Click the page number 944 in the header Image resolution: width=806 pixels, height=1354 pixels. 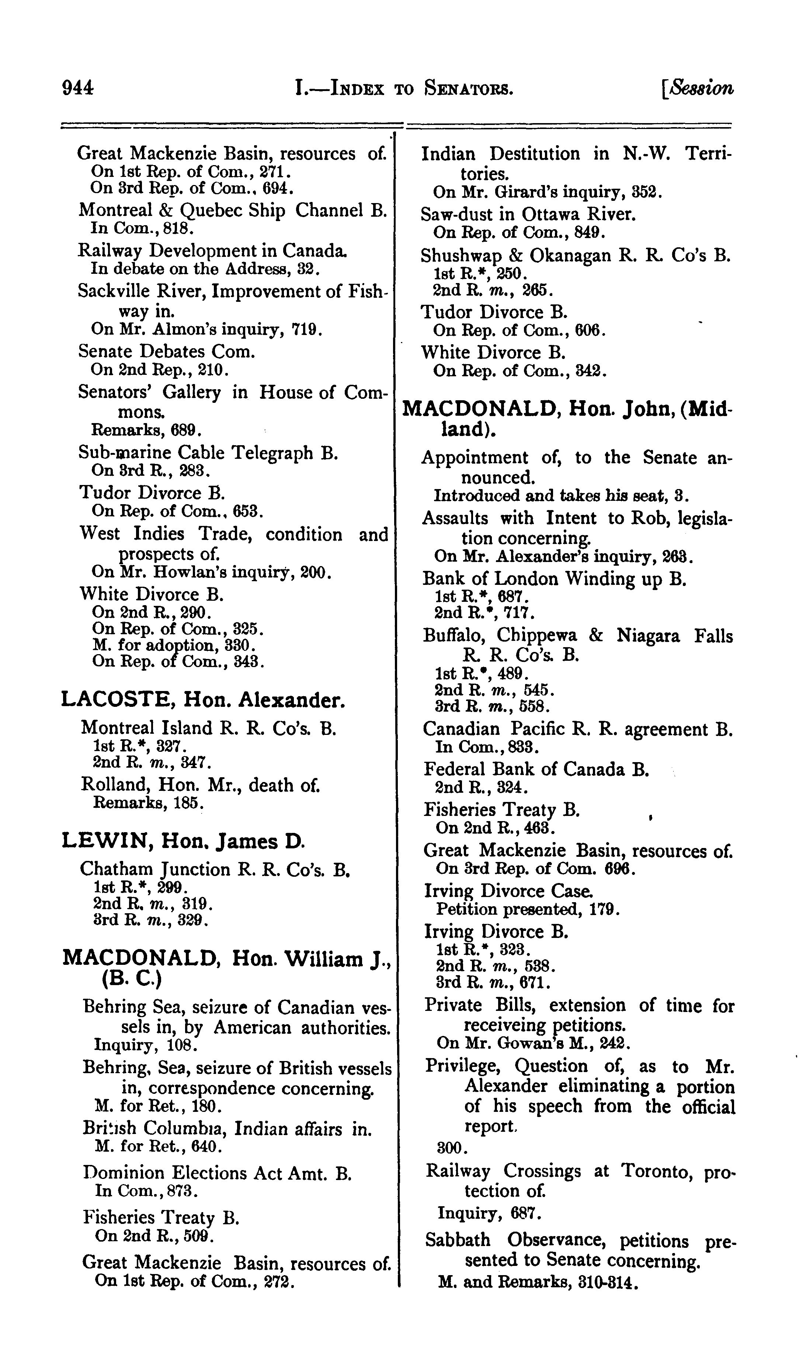pyautogui.click(x=78, y=88)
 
